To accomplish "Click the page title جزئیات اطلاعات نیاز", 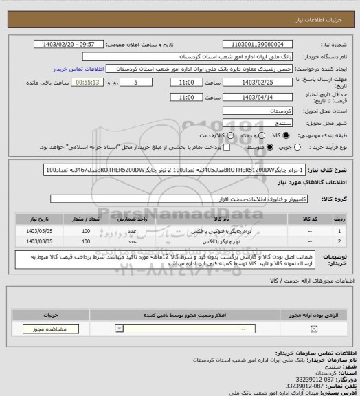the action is click(x=328, y=7).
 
